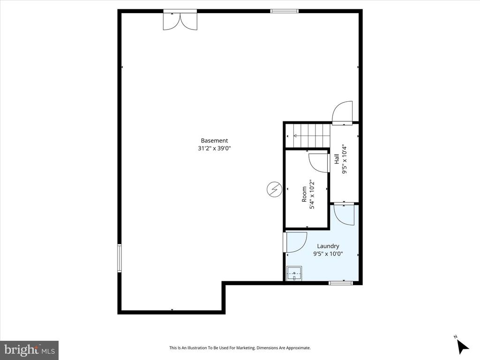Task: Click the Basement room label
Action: (x=214, y=140)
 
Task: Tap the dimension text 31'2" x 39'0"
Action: (x=214, y=148)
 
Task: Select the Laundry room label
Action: (x=328, y=246)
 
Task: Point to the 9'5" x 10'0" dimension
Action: (x=328, y=254)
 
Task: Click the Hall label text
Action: (x=337, y=159)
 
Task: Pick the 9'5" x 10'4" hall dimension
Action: (x=345, y=159)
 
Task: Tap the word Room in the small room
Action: (x=304, y=194)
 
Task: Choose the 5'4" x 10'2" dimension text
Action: (x=312, y=194)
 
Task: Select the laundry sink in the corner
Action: (x=294, y=273)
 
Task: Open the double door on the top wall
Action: (x=180, y=20)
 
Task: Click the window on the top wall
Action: (x=285, y=11)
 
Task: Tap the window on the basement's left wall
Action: (x=120, y=258)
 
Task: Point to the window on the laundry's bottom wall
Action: (x=341, y=283)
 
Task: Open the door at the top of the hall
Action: (x=342, y=114)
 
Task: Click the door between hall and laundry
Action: (x=344, y=214)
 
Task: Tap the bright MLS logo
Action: (x=29, y=350)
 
